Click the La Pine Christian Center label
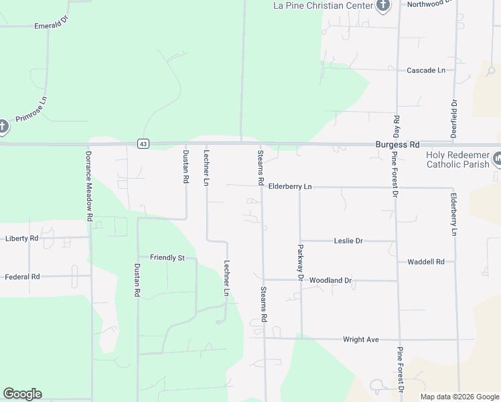pos(322,6)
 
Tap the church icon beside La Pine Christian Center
pos(382,6)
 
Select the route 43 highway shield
pos(143,144)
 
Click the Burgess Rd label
pos(397,144)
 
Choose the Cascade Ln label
pos(426,70)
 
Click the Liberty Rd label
pos(21,238)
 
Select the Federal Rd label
pos(22,276)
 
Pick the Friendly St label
pos(167,257)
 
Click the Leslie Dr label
pos(348,241)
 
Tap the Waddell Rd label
pos(426,261)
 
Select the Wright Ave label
pos(360,340)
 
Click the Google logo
pos(22,394)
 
